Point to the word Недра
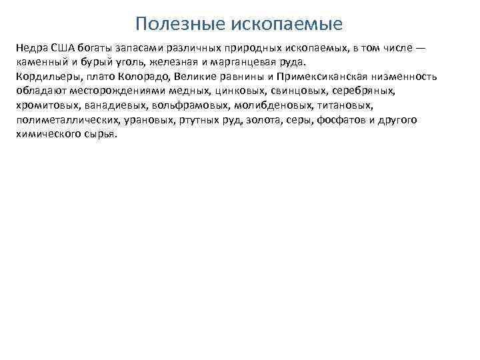click(x=29, y=49)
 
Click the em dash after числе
click(x=420, y=49)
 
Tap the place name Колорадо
click(x=133, y=77)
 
